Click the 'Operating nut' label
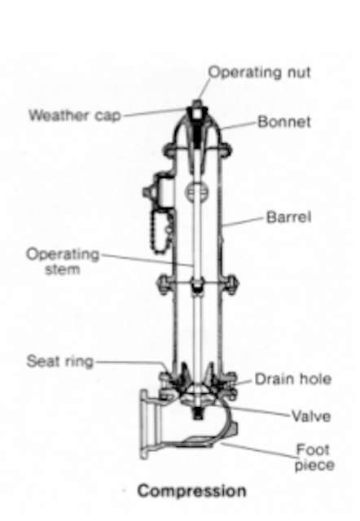pos(260,72)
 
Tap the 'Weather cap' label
pos(75,116)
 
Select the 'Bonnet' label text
pos(284,121)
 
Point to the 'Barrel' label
pos(289,217)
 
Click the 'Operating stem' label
pos(63,261)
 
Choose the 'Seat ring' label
pos(59,361)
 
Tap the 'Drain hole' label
pos(293,379)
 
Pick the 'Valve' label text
pos(311,416)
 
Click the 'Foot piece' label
pos(314,458)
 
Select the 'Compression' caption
pos(191,491)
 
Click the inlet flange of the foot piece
pos(145,425)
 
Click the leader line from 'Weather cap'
pos(156,112)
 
